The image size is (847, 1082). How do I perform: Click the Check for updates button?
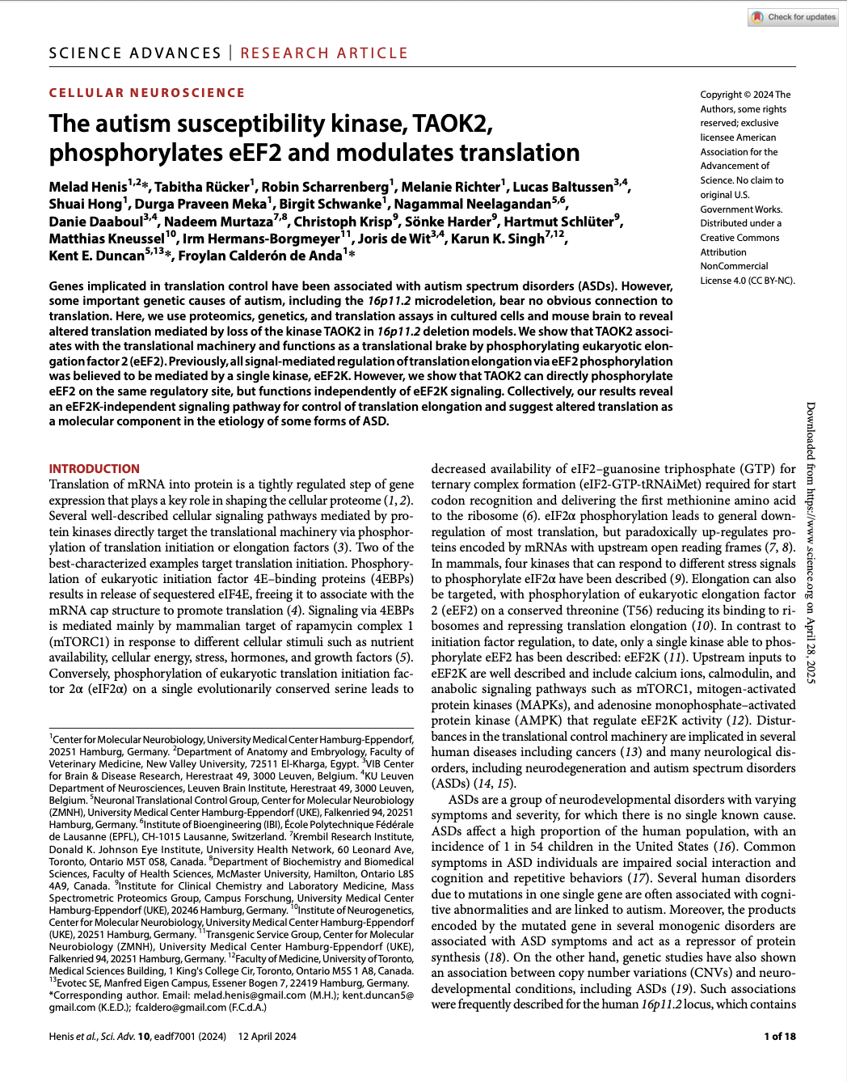(x=794, y=17)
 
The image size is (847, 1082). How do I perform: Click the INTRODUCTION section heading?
(x=94, y=469)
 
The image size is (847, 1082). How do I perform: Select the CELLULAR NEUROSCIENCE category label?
(x=146, y=93)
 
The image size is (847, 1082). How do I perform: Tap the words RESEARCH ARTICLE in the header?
(x=324, y=53)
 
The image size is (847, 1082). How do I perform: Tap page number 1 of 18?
(x=779, y=1037)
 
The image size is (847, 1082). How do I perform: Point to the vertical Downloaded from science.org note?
(x=811, y=542)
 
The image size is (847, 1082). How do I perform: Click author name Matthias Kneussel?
(x=106, y=239)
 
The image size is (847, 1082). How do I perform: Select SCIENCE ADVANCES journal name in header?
(x=135, y=53)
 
